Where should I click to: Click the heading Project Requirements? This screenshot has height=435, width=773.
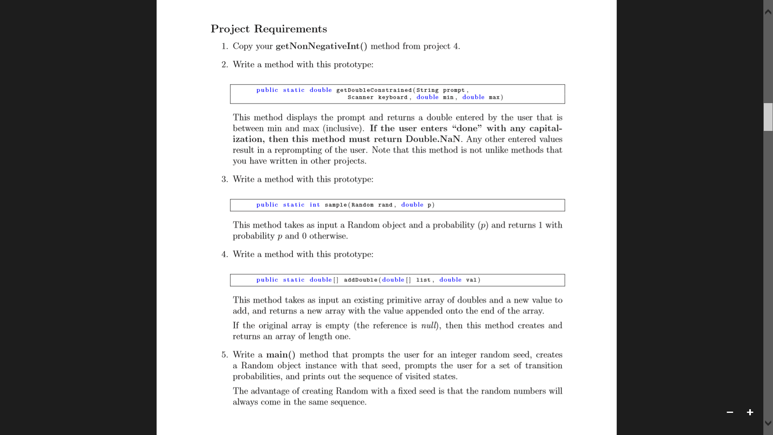pos(269,29)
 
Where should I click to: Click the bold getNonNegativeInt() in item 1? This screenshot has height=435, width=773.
pos(321,46)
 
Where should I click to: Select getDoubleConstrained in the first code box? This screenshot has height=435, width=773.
pos(374,90)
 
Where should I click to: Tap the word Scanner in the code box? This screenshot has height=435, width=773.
pos(360,97)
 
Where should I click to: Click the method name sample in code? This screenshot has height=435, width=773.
pos(336,205)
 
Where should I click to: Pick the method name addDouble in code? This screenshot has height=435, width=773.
pos(360,280)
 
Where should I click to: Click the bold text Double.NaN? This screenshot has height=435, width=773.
pos(433,139)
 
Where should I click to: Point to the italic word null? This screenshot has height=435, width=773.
pos(429,326)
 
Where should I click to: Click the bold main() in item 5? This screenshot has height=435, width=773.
pos(281,355)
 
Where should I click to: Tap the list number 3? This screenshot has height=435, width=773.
pos(224,180)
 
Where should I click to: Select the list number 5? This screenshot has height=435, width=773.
pos(224,355)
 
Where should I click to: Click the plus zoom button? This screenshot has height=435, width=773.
pos(750,412)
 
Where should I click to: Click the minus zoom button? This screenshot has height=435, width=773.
pos(730,412)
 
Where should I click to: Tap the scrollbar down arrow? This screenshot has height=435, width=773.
pos(768,423)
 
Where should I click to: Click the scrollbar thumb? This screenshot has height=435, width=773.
pos(768,117)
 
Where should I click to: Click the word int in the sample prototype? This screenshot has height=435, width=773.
pos(315,205)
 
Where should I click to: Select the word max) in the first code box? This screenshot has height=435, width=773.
pos(496,97)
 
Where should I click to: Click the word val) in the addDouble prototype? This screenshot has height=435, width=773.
pos(473,280)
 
